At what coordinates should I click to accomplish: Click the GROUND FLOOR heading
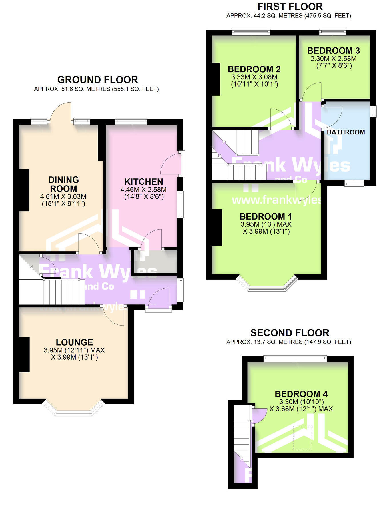pyautogui.click(x=97, y=80)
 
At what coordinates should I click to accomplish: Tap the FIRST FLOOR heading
pyautogui.click(x=290, y=7)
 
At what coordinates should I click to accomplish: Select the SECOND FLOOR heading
pyautogui.click(x=290, y=333)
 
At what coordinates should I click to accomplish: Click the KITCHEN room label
pyautogui.click(x=143, y=182)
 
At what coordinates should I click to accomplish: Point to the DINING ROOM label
pyautogui.click(x=63, y=184)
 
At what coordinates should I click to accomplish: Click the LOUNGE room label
pyautogui.click(x=74, y=342)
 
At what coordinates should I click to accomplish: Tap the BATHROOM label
pyautogui.click(x=346, y=132)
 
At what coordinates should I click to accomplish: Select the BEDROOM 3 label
pyautogui.click(x=333, y=51)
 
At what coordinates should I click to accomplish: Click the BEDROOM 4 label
pyautogui.click(x=301, y=394)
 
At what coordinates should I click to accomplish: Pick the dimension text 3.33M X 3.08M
pyautogui.click(x=254, y=77)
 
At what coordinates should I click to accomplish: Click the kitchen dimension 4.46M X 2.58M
pyautogui.click(x=143, y=190)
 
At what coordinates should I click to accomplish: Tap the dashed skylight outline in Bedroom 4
pyautogui.click(x=302, y=438)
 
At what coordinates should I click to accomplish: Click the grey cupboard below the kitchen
pyautogui.click(x=156, y=262)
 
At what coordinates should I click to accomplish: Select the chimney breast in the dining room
pyautogui.click(x=24, y=190)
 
